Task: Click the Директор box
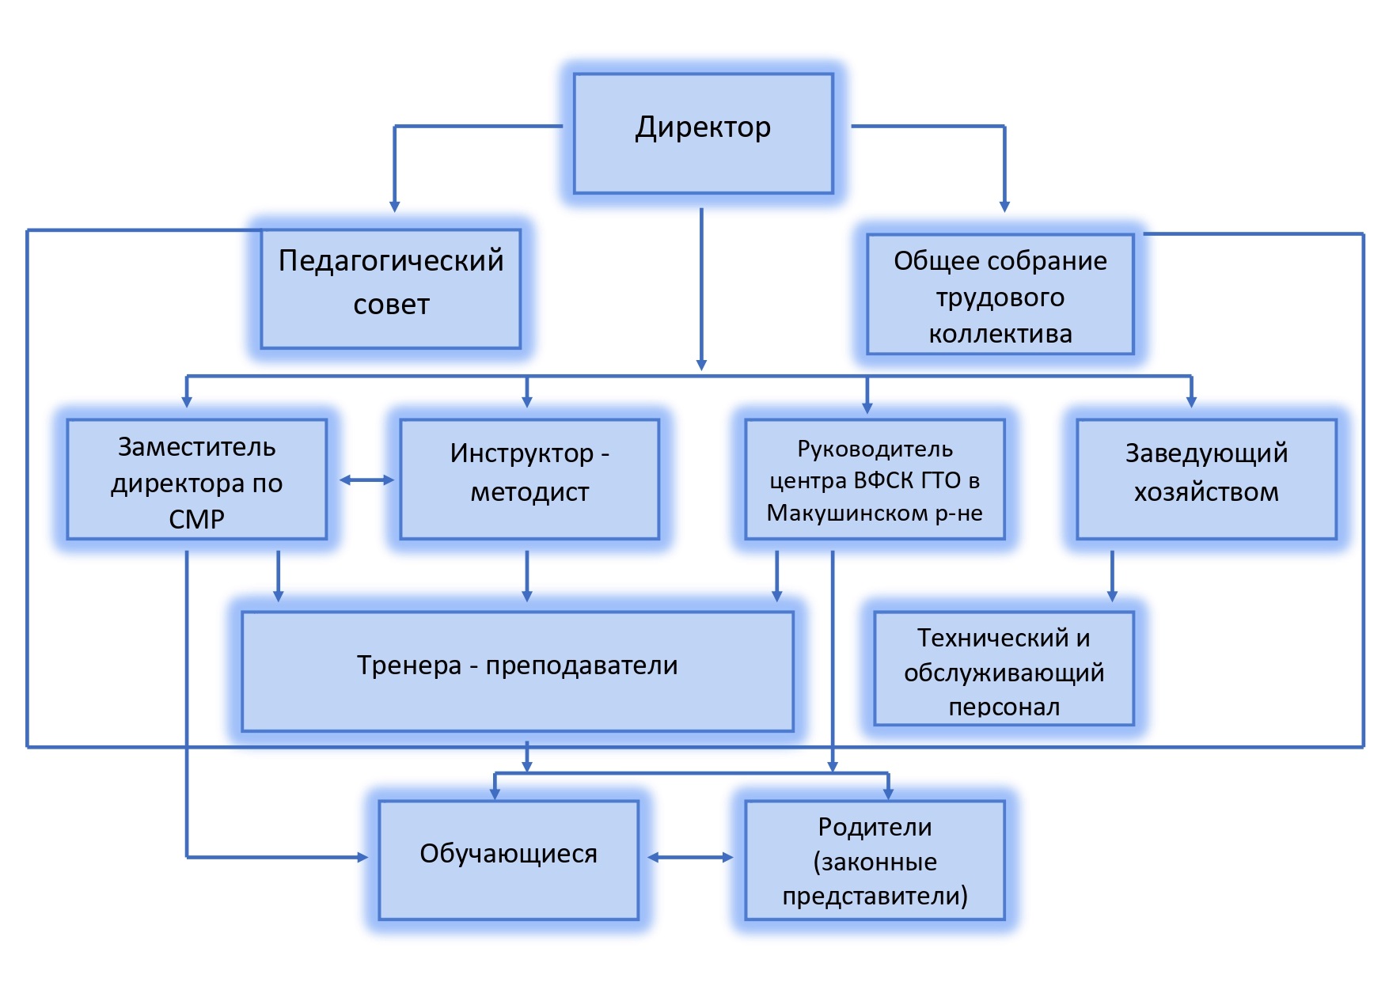pos(703,133)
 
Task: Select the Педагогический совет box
pos(391,289)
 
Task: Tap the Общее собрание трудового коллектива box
pos(1000,294)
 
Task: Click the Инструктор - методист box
pos(529,479)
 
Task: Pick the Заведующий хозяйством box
pos(1206,479)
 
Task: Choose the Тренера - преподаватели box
pos(518,671)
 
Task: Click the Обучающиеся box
pos(508,859)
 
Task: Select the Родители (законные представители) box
pos(875,859)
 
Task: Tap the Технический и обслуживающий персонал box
pos(1004,669)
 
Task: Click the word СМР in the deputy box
pos(196,519)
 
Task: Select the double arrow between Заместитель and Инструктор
pos(366,480)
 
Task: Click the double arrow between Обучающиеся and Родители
pos(690,857)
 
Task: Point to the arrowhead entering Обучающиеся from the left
pos(362,857)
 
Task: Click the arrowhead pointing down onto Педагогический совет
pos(395,206)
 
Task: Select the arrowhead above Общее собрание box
pos(1004,206)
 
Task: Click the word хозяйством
pos(1206,492)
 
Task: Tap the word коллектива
pos(1000,334)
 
